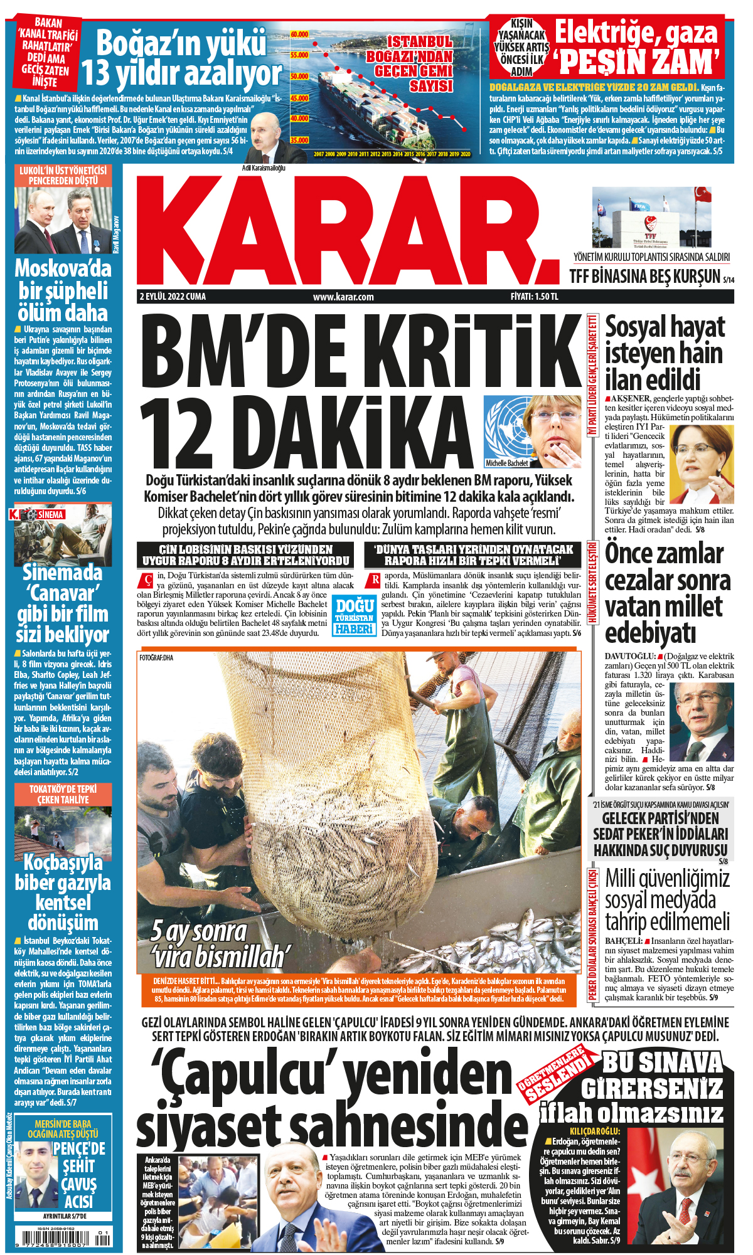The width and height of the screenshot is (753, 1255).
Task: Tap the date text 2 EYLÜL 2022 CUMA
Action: coord(173,297)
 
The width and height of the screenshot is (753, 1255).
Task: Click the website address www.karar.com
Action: coord(343,297)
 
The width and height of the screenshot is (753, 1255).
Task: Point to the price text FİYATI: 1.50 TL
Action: coord(534,297)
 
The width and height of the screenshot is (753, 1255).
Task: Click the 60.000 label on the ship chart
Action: coord(299,34)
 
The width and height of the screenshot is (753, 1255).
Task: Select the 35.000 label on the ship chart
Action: coord(299,140)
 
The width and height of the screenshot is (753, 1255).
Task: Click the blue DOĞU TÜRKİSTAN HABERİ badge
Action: coord(355,616)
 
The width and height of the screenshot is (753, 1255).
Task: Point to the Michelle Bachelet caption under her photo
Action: coord(507,463)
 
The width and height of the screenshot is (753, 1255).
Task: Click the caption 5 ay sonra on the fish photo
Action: coord(199,931)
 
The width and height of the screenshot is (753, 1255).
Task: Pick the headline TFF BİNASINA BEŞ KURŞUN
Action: coord(644,276)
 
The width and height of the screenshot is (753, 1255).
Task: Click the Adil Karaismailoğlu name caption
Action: coord(264,168)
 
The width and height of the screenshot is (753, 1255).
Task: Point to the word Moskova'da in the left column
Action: coord(63,268)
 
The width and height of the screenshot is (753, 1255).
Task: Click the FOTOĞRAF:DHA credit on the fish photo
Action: coord(156,657)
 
